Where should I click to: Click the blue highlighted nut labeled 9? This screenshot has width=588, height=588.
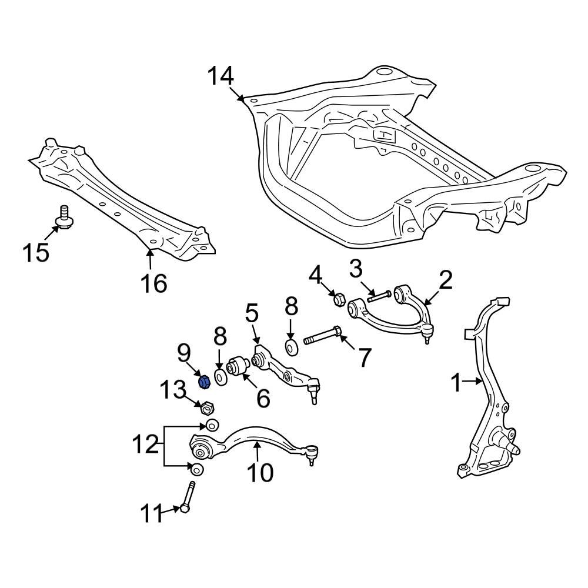pos(205,381)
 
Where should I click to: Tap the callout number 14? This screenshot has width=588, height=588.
pos(220,76)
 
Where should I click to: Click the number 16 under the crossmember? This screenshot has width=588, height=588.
pos(153,283)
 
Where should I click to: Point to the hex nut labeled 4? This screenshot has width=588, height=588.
pos(339,299)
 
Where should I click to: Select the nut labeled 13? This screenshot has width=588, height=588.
pos(206,407)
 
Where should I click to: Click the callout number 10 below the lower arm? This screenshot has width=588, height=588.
pos(259,472)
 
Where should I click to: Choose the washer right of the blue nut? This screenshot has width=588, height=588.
pos(220,377)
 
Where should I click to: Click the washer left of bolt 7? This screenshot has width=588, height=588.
pos(292,346)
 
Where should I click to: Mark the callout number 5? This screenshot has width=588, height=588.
pos(252,312)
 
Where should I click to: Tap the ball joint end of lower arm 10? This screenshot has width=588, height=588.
pos(311,453)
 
